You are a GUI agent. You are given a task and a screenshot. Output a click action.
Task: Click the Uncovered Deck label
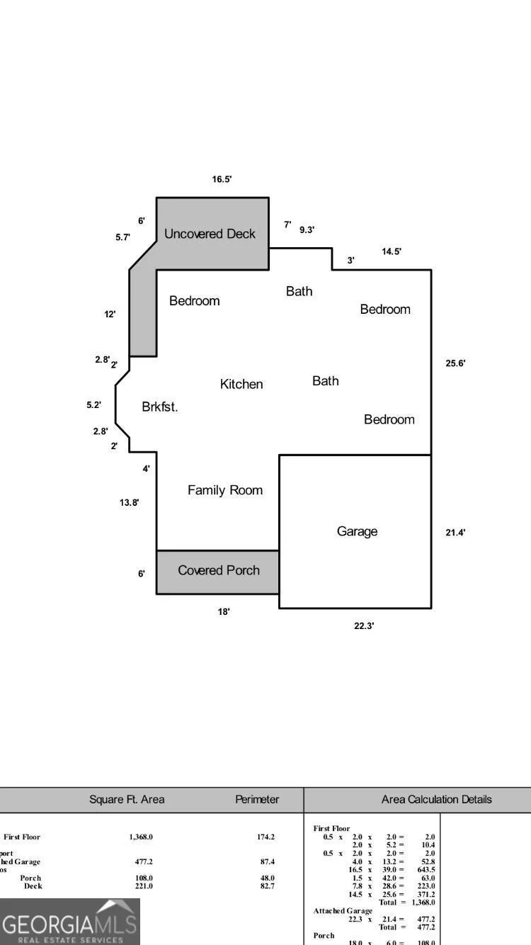click(x=210, y=234)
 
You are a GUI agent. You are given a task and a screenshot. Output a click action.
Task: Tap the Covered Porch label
click(x=219, y=570)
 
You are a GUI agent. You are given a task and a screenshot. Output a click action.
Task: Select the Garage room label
click(x=357, y=531)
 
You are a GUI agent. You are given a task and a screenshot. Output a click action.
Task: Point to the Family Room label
click(x=225, y=490)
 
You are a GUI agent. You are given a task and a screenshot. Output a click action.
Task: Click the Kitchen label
click(x=241, y=384)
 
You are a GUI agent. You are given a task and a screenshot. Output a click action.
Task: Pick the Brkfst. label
click(x=160, y=407)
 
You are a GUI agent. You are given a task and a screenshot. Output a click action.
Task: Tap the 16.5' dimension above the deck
click(x=222, y=179)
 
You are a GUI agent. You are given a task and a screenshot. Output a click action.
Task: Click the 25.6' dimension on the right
click(x=455, y=363)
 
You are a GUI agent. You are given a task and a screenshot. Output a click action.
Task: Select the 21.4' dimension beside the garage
click(x=455, y=532)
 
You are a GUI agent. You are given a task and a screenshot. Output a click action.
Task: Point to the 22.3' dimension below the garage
click(x=364, y=626)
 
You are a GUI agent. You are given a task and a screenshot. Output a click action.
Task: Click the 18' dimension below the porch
click(x=224, y=611)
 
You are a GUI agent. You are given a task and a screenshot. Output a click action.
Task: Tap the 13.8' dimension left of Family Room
click(x=129, y=502)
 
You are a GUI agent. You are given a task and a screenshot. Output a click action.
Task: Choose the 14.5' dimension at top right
click(x=392, y=251)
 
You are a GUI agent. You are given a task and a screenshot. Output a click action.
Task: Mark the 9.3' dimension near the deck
click(x=307, y=230)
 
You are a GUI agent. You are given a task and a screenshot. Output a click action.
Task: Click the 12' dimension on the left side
click(x=110, y=314)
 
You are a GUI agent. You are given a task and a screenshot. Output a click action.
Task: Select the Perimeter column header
click(x=257, y=799)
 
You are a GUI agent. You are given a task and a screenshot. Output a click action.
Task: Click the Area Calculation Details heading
click(x=436, y=799)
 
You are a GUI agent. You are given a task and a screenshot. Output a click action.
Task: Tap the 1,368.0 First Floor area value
click(x=141, y=837)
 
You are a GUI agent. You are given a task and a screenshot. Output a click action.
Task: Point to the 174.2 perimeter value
click(x=265, y=837)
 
